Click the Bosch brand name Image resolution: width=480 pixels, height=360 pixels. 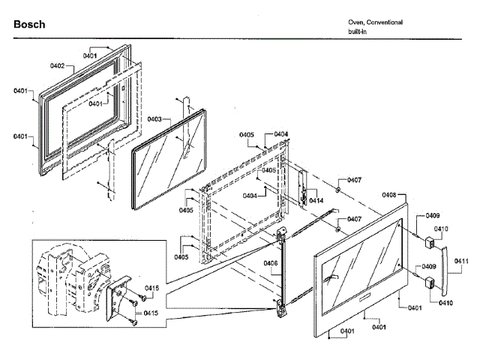coord(29,25)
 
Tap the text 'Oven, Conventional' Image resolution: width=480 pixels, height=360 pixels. coord(375,22)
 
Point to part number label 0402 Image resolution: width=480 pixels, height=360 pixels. coord(58,67)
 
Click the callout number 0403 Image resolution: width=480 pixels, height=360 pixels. coord(154,119)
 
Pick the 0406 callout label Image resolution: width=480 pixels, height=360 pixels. coord(271,262)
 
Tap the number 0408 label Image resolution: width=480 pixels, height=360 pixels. coord(388,195)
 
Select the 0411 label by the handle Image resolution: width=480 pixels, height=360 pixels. coord(461,261)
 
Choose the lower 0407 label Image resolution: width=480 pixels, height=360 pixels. coord(354,219)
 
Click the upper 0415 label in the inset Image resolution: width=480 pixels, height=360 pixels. coord(151,288)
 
